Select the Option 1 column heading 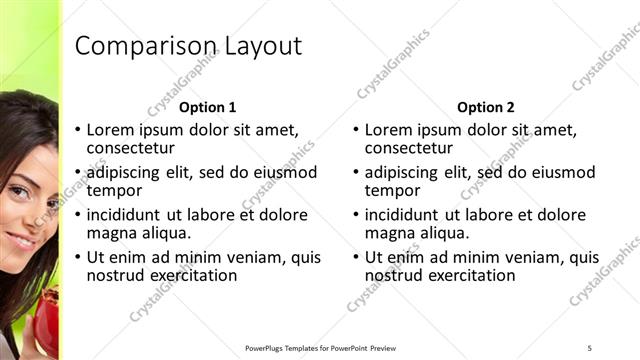click(208, 107)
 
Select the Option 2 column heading click(486, 107)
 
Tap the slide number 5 click(590, 348)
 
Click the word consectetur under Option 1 click(131, 148)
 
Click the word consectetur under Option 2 click(409, 148)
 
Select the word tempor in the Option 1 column click(114, 190)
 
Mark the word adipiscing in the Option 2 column click(403, 172)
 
